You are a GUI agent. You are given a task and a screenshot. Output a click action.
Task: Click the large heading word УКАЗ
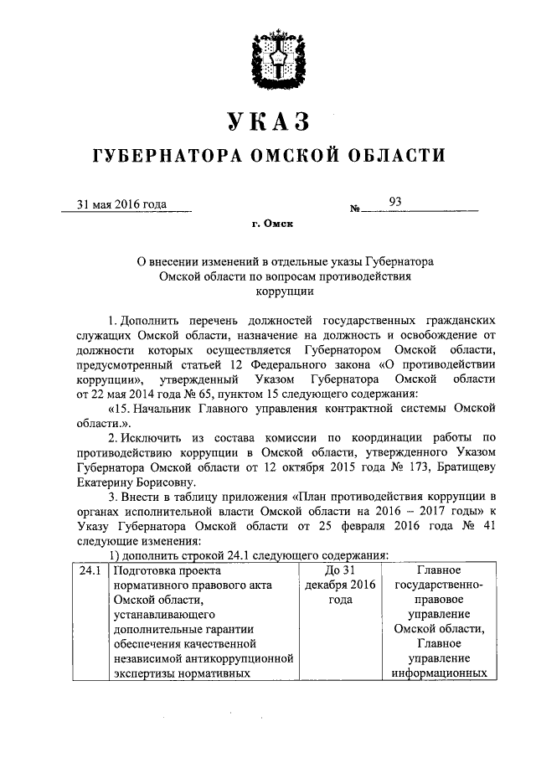[268, 122]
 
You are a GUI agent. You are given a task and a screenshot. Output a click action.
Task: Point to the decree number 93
[395, 201]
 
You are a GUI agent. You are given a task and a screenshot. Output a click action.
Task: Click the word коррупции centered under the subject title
[268, 292]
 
